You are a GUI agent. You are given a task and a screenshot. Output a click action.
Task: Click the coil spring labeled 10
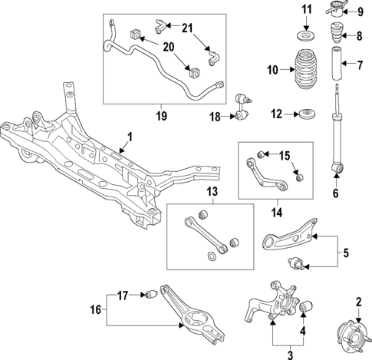[305, 71]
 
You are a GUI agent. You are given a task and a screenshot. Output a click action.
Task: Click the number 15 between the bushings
[285, 157]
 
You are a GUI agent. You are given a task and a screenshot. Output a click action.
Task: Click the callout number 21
[187, 28]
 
